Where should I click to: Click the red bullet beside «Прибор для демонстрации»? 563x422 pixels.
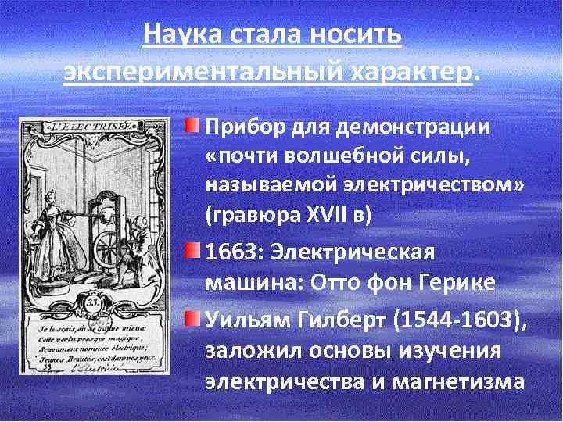(x=192, y=125)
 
